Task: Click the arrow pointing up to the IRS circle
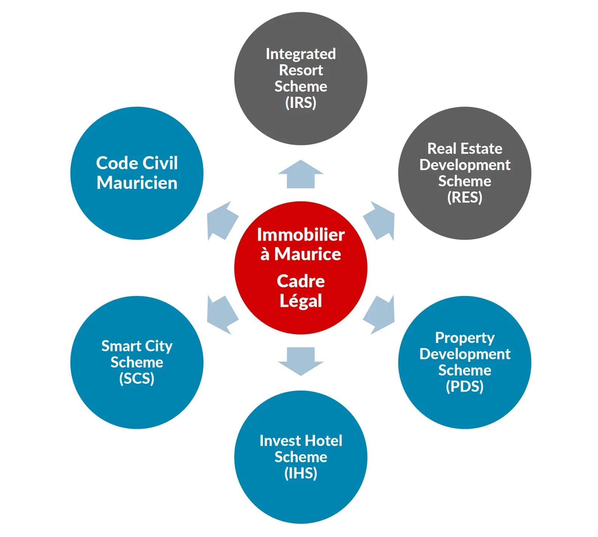coord(300,175)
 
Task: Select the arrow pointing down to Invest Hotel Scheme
coord(300,361)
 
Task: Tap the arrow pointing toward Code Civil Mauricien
coord(222,221)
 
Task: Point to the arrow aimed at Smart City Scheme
coord(222,315)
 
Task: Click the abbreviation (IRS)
coord(300,102)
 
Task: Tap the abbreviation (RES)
coord(465,197)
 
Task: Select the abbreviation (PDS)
coord(465,386)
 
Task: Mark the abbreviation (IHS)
coord(300,473)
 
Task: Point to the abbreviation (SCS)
coord(137,379)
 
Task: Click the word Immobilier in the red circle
coord(300,235)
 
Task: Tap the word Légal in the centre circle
coord(300,301)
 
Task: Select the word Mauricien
coord(137,183)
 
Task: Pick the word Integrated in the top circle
coord(300,54)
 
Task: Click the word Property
coord(465,338)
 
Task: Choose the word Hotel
coord(323,441)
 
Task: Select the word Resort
coord(300,70)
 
